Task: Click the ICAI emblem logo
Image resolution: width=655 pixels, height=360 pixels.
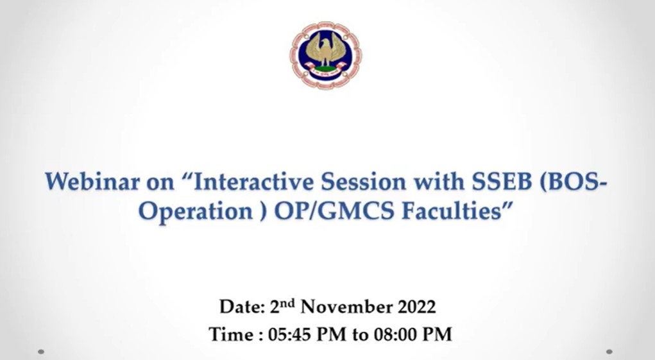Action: coord(326,55)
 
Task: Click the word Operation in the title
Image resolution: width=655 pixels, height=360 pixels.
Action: coord(196,211)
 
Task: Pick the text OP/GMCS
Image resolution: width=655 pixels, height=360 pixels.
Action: coord(334,210)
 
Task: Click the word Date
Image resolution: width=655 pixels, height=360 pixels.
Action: coord(242,307)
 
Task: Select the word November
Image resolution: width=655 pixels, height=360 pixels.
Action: coord(346,307)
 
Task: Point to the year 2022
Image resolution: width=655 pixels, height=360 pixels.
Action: coord(416,307)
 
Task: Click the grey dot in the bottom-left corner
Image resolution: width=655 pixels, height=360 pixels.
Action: coord(41,352)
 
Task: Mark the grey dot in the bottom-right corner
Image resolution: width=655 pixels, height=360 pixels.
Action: coord(609,352)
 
